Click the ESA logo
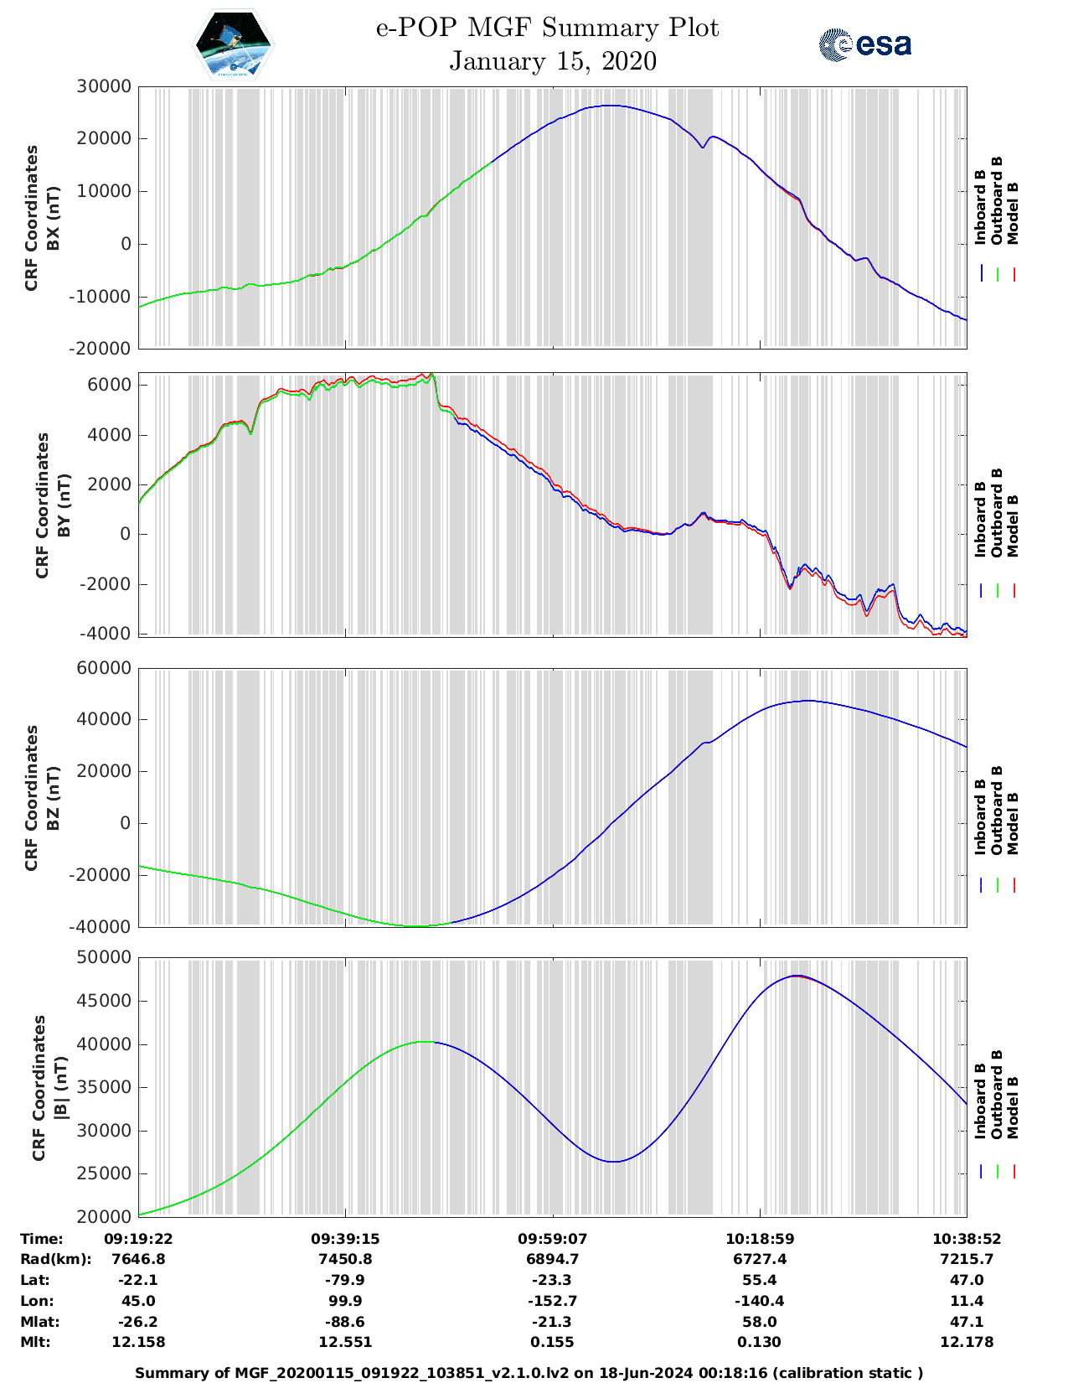pos(864,44)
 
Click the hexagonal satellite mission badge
pos(234,44)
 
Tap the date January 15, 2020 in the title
pos(553,61)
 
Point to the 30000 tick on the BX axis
pos(103,86)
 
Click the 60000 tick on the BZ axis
pos(103,668)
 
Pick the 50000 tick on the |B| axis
pos(103,957)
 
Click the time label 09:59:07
pos(552,1239)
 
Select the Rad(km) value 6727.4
pos(759,1259)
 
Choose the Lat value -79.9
pos(344,1280)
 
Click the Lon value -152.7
pos(552,1301)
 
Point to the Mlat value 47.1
pos(967,1322)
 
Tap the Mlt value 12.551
pos(344,1342)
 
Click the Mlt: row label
pos(35,1342)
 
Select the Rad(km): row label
pos(55,1259)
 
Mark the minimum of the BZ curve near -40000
pos(419,925)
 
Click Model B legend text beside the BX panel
pos(1013,213)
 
